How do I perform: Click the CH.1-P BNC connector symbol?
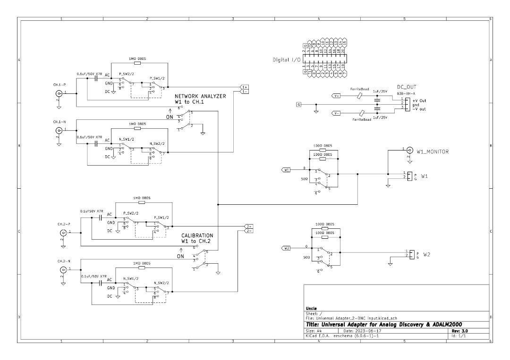59,93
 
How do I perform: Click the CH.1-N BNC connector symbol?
59,129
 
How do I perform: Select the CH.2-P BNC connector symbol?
63,232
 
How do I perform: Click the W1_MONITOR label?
432,151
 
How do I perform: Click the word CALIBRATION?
197,235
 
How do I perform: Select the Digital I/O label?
286,60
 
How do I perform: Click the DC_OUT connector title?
406,88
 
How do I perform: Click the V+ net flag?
336,95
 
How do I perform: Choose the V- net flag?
336,113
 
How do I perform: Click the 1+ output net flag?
244,87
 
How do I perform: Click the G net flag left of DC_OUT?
298,104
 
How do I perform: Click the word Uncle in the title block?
311,308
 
